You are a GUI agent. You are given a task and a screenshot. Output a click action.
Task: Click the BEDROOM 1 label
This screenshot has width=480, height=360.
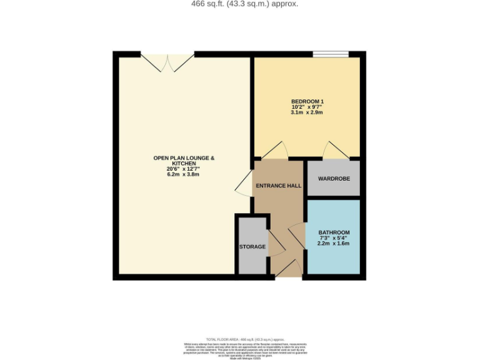pyautogui.click(x=307, y=101)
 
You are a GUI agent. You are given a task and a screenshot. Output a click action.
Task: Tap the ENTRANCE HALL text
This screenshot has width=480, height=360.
pyautogui.click(x=277, y=186)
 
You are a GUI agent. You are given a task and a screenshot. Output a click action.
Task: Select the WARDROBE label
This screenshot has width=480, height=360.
pyautogui.click(x=334, y=179)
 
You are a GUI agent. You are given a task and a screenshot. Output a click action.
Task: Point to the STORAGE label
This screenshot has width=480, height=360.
pyautogui.click(x=252, y=247)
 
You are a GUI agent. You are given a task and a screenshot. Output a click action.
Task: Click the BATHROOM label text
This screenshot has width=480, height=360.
pyautogui.click(x=334, y=232)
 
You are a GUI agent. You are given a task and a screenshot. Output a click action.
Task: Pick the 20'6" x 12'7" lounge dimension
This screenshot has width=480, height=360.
pyautogui.click(x=184, y=169)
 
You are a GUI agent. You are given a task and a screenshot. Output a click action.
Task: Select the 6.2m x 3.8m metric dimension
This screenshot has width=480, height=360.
pyautogui.click(x=184, y=174)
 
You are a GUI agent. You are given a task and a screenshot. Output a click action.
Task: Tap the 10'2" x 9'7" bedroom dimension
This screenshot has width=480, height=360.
pyautogui.click(x=307, y=107)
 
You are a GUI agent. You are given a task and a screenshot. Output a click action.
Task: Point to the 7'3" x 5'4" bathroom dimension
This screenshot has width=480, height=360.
pyautogui.click(x=334, y=238)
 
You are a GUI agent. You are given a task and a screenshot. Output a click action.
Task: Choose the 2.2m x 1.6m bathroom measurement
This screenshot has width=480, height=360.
pyautogui.click(x=334, y=244)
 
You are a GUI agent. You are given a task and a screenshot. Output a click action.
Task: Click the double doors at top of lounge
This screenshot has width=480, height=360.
pyautogui.click(x=167, y=61)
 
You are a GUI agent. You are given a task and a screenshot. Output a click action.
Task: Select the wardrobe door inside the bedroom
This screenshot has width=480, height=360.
pyautogui.click(x=335, y=150)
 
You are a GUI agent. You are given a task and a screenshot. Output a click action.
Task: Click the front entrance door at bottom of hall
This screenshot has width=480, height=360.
pyautogui.click(x=287, y=268)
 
